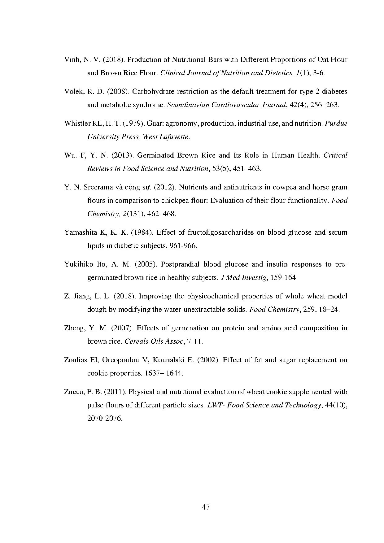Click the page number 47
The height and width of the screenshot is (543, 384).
[x=206, y=507]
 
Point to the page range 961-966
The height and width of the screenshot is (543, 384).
[x=184, y=246]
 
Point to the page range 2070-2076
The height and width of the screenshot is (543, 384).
[x=105, y=419]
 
